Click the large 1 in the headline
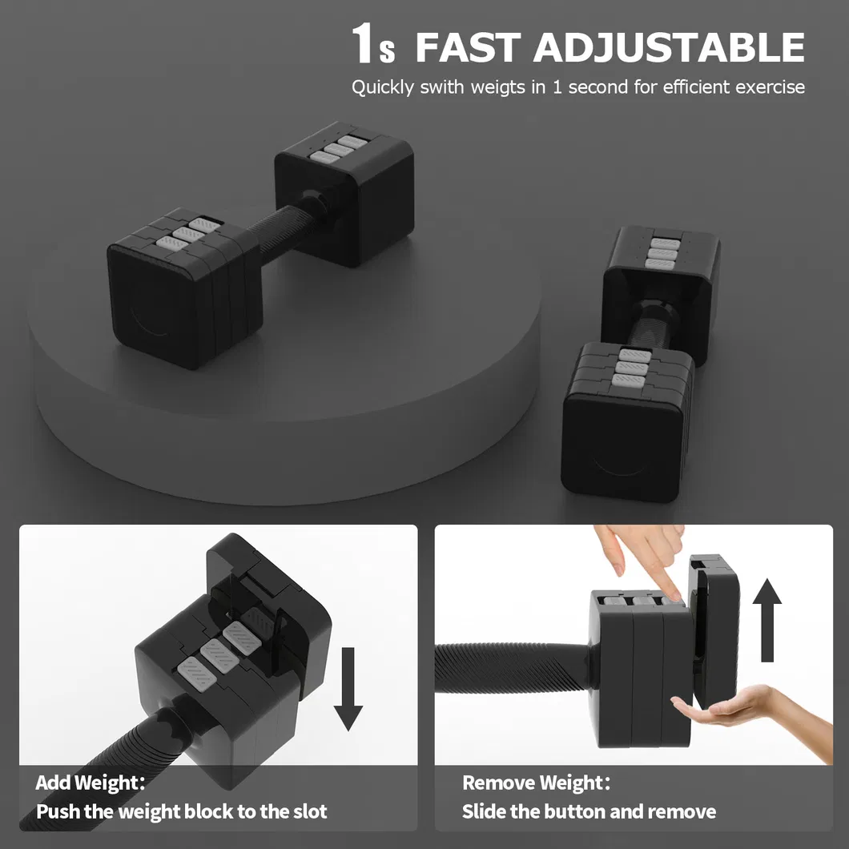tap(364, 45)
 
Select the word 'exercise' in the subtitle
tap(770, 87)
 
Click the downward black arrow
tap(348, 689)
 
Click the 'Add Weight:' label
tap(91, 783)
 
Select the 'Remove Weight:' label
tap(536, 783)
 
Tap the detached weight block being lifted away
tap(714, 633)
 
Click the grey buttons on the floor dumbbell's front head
tap(631, 367)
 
